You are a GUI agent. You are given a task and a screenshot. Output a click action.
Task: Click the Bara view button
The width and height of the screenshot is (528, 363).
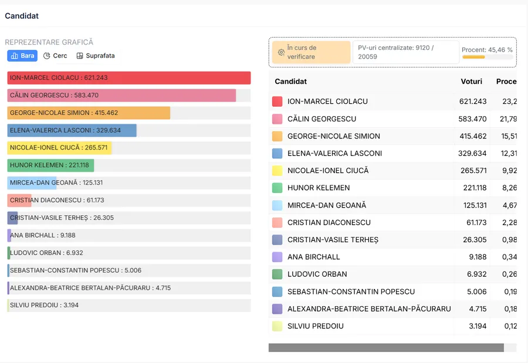click(x=22, y=56)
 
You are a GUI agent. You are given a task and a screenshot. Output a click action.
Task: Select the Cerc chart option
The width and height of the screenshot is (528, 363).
click(x=56, y=56)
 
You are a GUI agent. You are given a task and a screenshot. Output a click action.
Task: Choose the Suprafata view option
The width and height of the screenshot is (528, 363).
click(x=96, y=56)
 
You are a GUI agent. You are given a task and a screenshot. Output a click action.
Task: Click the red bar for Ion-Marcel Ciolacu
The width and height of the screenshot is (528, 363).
click(x=129, y=78)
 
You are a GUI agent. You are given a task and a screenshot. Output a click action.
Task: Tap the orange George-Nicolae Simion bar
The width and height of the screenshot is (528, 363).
click(x=89, y=113)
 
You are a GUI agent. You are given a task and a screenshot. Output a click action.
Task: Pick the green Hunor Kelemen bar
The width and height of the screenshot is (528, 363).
click(x=50, y=165)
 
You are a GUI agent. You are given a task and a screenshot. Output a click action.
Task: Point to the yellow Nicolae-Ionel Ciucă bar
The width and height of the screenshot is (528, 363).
click(x=59, y=148)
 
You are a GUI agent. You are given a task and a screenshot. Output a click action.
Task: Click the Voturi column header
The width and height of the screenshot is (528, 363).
click(x=471, y=82)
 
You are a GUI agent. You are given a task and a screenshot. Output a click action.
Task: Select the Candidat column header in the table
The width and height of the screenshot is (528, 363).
click(x=290, y=82)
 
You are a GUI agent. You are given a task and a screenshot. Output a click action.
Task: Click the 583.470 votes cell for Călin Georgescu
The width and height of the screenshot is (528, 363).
click(x=472, y=119)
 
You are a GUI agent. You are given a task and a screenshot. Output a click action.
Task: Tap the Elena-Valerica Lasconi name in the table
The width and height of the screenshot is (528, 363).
click(x=334, y=154)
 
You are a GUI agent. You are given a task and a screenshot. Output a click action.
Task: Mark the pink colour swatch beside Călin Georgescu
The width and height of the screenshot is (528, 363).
click(x=277, y=119)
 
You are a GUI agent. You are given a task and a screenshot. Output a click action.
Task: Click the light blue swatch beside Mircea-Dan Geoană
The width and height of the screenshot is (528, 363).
click(x=277, y=205)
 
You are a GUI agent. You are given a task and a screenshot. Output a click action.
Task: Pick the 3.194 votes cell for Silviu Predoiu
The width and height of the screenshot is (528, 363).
click(x=476, y=326)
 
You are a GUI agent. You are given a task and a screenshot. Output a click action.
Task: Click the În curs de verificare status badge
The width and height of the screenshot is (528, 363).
click(x=311, y=52)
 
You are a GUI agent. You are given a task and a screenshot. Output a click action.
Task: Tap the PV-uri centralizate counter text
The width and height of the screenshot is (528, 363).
click(x=404, y=52)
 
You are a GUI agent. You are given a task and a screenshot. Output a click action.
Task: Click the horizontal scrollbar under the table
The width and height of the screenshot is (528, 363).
click(x=386, y=348)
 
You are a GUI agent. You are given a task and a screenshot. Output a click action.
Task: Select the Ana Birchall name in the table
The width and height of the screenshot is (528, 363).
click(x=313, y=257)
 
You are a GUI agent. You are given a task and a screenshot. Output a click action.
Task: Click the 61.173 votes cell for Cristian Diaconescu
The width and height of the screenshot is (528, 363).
click(x=474, y=223)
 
